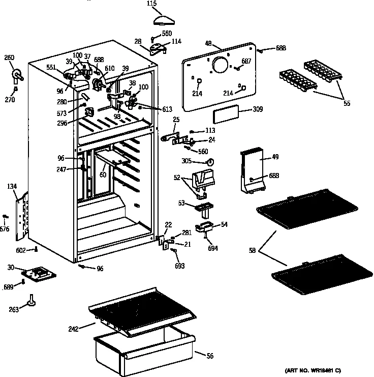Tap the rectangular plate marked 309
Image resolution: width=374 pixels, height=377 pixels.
pyautogui.click(x=226, y=116)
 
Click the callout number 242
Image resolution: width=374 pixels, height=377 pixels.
pyautogui.click(x=74, y=329)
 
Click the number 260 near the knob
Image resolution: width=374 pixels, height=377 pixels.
pyautogui.click(x=9, y=57)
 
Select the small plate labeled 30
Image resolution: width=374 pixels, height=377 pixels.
pyautogui.click(x=38, y=273)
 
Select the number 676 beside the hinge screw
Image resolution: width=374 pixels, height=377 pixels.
pyautogui.click(x=5, y=228)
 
